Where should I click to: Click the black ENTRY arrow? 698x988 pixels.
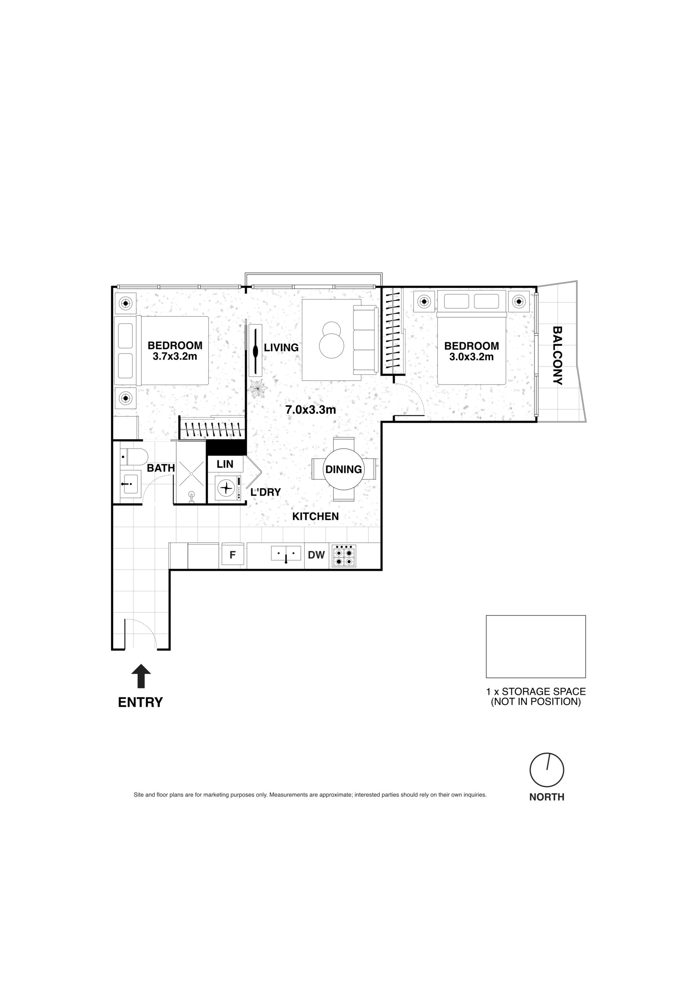tap(141, 676)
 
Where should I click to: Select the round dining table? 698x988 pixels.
tap(343, 469)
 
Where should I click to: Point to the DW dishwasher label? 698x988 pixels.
tap(316, 555)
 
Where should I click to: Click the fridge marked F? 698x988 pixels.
tap(233, 555)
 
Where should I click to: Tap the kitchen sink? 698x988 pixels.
tap(286, 553)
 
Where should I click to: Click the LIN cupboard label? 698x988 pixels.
tap(225, 464)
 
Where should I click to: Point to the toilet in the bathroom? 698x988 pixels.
tap(134, 457)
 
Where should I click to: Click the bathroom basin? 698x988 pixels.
tap(130, 484)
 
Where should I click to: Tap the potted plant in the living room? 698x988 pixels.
tap(258, 389)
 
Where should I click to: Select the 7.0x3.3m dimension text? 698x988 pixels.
tap(310, 409)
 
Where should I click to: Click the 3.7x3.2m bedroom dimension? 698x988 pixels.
tap(175, 356)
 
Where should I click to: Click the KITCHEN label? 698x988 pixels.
tap(316, 516)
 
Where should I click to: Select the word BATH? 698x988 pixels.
tap(161, 468)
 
